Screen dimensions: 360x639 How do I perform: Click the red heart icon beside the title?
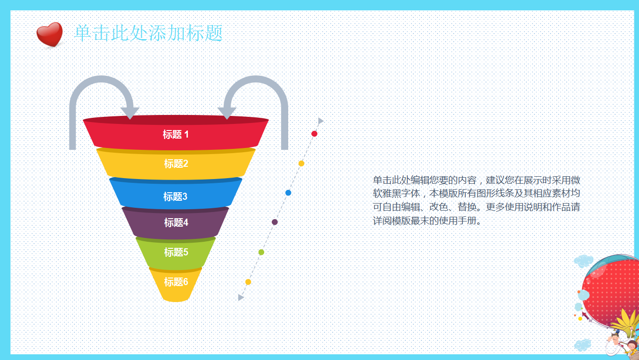(x=49, y=34)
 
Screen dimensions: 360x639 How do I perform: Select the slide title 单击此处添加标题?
(x=148, y=33)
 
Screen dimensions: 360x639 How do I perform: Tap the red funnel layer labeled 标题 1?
(x=176, y=135)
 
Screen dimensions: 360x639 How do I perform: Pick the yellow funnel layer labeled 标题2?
(x=176, y=164)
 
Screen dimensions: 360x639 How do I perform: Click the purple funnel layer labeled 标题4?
(x=176, y=222)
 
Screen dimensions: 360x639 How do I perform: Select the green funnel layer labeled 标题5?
(x=176, y=252)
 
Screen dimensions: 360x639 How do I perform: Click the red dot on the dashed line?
(x=315, y=134)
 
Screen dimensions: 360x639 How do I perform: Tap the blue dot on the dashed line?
(x=288, y=193)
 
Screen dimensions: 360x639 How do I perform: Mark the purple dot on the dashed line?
(x=275, y=222)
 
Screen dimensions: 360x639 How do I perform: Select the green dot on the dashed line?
(x=261, y=252)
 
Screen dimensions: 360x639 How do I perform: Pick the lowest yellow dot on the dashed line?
(x=248, y=282)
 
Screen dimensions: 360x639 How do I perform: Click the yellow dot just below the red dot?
(x=301, y=164)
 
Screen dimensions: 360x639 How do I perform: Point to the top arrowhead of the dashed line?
(x=321, y=121)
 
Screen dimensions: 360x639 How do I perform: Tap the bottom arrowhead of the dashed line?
(x=241, y=297)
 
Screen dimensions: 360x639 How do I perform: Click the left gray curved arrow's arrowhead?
(x=129, y=113)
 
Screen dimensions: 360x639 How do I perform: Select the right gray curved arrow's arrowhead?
(x=227, y=113)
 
